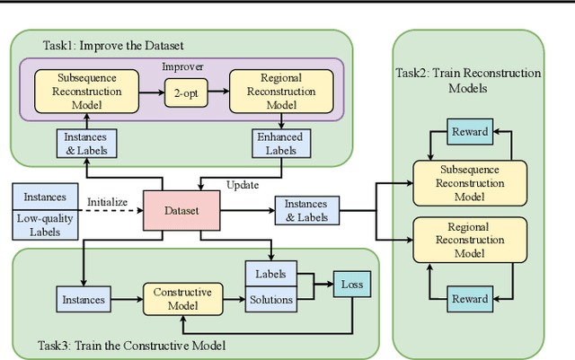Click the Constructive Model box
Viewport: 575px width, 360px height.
(x=182, y=299)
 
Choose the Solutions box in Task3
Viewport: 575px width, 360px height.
(x=272, y=299)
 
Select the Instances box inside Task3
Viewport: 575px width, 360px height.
(x=84, y=299)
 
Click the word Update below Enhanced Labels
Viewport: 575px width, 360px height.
(x=243, y=185)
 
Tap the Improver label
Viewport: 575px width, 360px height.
(x=182, y=66)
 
